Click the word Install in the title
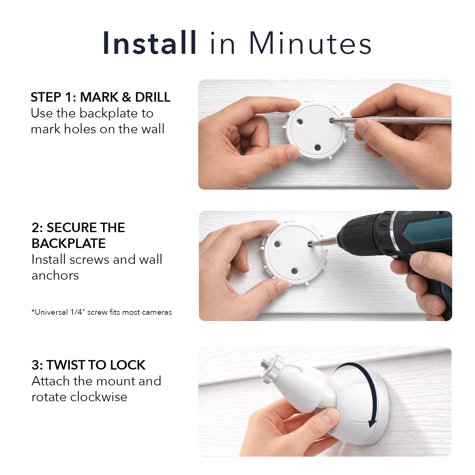[x=149, y=43]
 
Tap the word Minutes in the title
[x=310, y=43]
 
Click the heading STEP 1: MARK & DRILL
[x=100, y=97]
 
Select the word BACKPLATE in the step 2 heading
[x=69, y=244]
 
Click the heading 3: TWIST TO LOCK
[x=88, y=365]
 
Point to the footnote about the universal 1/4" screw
[x=102, y=312]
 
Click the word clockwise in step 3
[x=98, y=397]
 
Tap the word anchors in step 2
[x=55, y=275]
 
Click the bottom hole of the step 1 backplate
[x=318, y=147]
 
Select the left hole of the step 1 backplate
[x=299, y=122]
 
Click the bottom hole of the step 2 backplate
[x=294, y=271]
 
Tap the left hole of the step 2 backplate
[x=277, y=244]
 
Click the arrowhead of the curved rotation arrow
[x=373, y=423]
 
